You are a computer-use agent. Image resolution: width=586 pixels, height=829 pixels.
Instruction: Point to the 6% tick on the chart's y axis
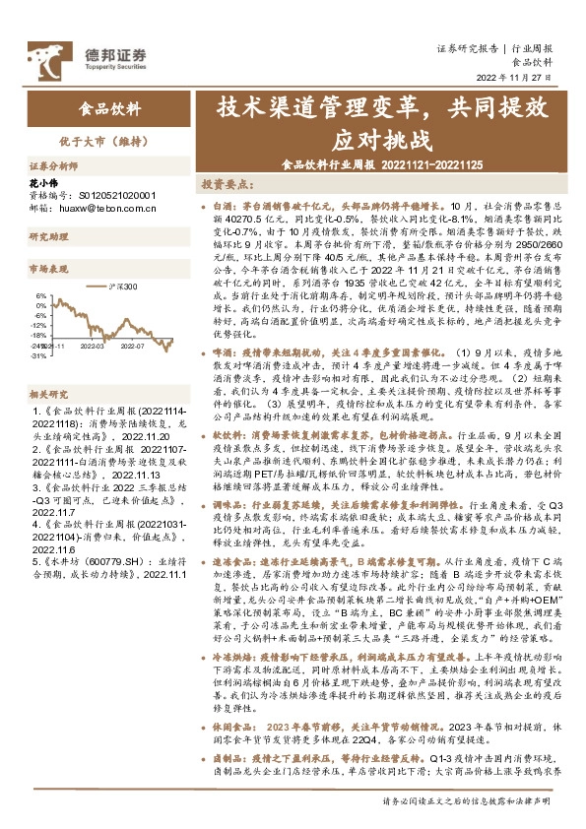tap(41, 294)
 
